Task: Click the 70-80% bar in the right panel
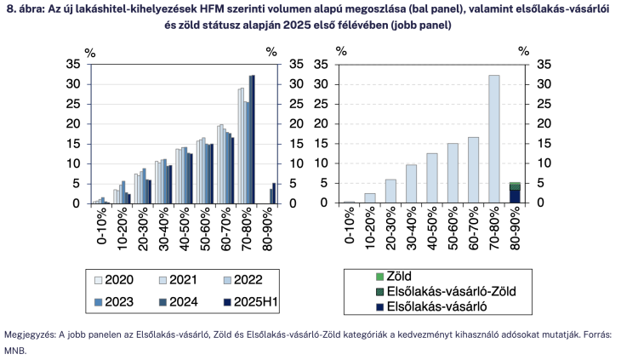click(493, 139)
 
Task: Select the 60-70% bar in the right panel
click(473, 170)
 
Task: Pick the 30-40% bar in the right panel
click(411, 184)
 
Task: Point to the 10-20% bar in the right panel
click(369, 198)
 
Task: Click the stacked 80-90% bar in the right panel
click(515, 192)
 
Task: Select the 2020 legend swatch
click(99, 279)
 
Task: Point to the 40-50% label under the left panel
click(181, 229)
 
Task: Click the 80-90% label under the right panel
click(516, 229)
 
